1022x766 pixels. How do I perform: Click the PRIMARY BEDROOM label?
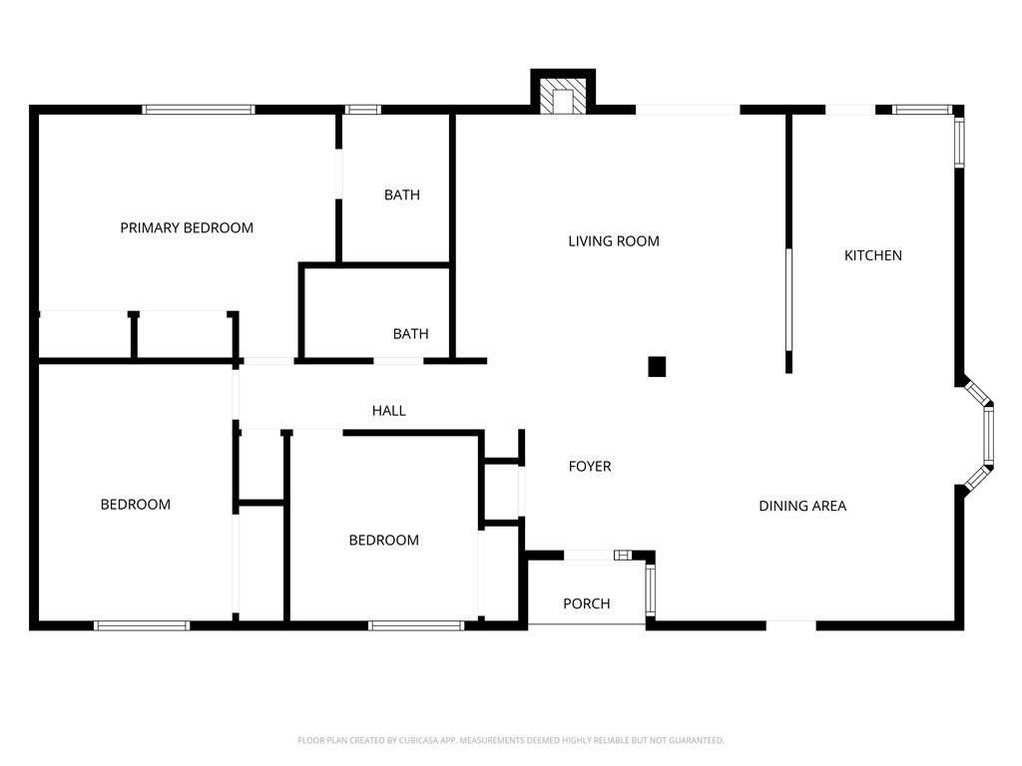tap(187, 227)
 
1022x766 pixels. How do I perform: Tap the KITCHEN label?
tap(872, 255)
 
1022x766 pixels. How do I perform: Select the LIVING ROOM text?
tap(613, 240)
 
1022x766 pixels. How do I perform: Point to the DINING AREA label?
tap(802, 506)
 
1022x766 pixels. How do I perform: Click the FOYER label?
tap(589, 466)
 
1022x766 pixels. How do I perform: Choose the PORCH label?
tap(586, 603)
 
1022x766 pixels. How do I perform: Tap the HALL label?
tap(388, 410)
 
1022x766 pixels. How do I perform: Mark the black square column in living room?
tap(657, 366)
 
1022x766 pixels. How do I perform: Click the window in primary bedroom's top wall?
tap(199, 110)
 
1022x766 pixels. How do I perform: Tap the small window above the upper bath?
tap(362, 110)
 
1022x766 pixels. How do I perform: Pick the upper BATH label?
tap(401, 194)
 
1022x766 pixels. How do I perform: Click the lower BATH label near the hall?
tap(410, 333)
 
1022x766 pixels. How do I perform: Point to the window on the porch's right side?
tap(651, 589)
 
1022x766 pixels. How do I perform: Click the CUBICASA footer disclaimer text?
tap(510, 740)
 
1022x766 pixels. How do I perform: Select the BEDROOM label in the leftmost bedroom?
tap(135, 504)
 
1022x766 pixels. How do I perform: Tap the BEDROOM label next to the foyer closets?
tap(383, 540)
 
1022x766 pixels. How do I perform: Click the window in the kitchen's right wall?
tap(959, 142)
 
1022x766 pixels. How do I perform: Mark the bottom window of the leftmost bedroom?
tap(142, 625)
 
